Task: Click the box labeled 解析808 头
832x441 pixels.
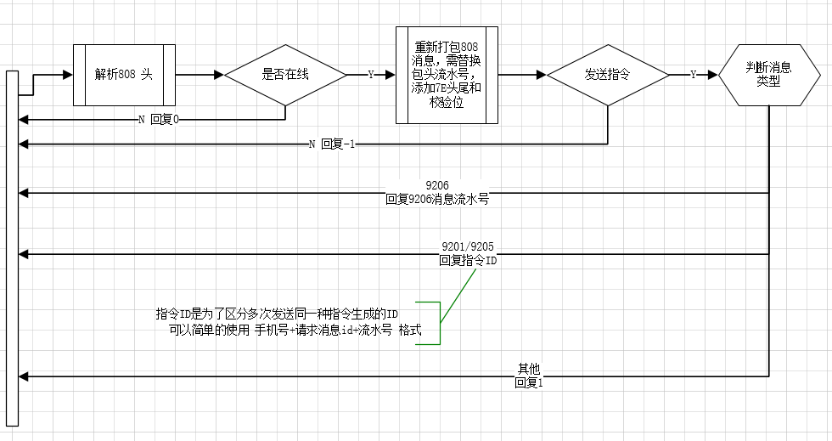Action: click(x=124, y=75)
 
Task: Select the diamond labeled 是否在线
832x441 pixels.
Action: click(x=285, y=75)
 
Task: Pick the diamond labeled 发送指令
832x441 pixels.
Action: click(x=608, y=75)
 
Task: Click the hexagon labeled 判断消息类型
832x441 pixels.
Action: click(x=768, y=75)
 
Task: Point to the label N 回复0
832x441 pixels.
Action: click(x=159, y=120)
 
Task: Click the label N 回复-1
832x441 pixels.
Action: click(x=332, y=144)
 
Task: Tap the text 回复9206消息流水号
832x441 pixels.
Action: click(x=437, y=201)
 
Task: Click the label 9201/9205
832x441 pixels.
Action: click(x=468, y=246)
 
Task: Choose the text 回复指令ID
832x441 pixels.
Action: click(x=468, y=261)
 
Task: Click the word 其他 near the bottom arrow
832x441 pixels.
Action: click(x=528, y=369)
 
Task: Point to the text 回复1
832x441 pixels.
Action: click(x=528, y=382)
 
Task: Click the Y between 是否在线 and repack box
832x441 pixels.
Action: click(x=371, y=75)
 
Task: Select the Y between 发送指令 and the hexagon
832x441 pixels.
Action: click(x=693, y=75)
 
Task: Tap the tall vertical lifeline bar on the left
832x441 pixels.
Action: click(x=11, y=246)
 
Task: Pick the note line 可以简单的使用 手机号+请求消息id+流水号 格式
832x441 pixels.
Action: click(x=295, y=330)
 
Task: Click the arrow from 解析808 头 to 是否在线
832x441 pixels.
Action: click(x=200, y=75)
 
